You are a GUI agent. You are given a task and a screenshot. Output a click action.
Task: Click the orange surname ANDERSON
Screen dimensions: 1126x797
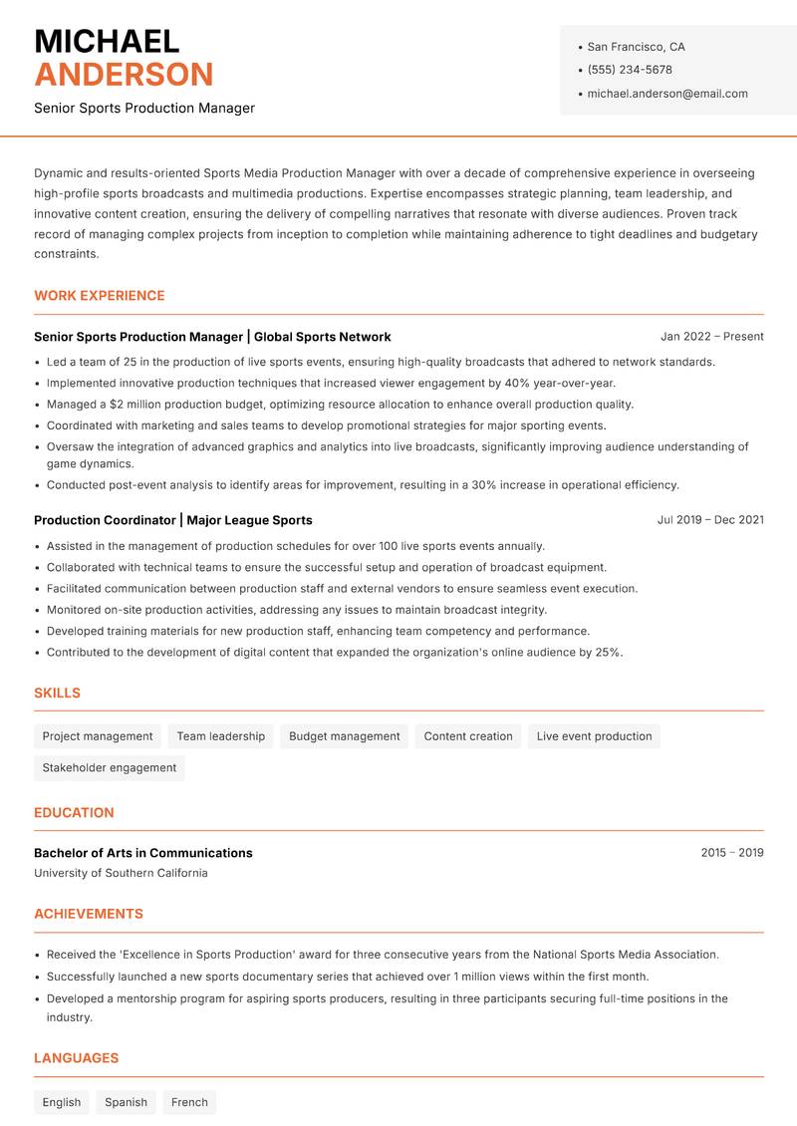(x=124, y=75)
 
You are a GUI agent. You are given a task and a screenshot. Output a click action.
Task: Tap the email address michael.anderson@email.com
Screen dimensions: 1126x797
(x=667, y=94)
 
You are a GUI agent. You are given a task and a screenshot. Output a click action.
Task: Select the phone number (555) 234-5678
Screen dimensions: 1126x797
(x=630, y=70)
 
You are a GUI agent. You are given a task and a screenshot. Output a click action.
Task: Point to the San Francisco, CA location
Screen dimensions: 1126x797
(x=636, y=47)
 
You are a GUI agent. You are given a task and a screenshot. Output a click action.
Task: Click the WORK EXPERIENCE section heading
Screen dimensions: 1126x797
(x=100, y=296)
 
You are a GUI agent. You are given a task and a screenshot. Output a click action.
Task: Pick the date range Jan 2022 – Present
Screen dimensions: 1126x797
(x=711, y=337)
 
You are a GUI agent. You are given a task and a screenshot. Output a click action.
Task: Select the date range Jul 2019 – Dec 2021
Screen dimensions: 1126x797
(x=710, y=520)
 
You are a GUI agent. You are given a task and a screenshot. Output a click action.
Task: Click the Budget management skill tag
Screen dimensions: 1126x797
(x=344, y=736)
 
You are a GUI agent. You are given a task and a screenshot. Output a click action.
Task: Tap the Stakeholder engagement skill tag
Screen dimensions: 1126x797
(x=110, y=768)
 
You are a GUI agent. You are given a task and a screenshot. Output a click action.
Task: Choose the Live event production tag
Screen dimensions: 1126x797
(x=594, y=736)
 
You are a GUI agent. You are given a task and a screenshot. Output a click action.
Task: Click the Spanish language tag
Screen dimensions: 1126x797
(x=126, y=1102)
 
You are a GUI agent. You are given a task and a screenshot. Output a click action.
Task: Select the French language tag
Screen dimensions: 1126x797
(x=189, y=1102)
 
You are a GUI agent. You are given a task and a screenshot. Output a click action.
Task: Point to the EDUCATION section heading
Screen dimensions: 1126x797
(x=74, y=813)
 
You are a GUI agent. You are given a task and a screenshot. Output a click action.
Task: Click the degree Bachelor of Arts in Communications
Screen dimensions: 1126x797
(x=143, y=853)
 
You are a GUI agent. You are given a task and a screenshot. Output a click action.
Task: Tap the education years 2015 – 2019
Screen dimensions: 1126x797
(x=731, y=853)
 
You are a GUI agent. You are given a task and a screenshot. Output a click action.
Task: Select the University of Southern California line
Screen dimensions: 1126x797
(x=121, y=873)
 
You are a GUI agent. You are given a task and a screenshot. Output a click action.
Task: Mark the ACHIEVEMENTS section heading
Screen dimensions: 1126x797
(x=89, y=914)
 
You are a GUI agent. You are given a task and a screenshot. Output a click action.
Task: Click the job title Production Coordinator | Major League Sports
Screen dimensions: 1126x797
(x=173, y=520)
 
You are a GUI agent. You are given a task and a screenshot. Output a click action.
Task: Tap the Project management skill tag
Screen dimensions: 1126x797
(x=98, y=736)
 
